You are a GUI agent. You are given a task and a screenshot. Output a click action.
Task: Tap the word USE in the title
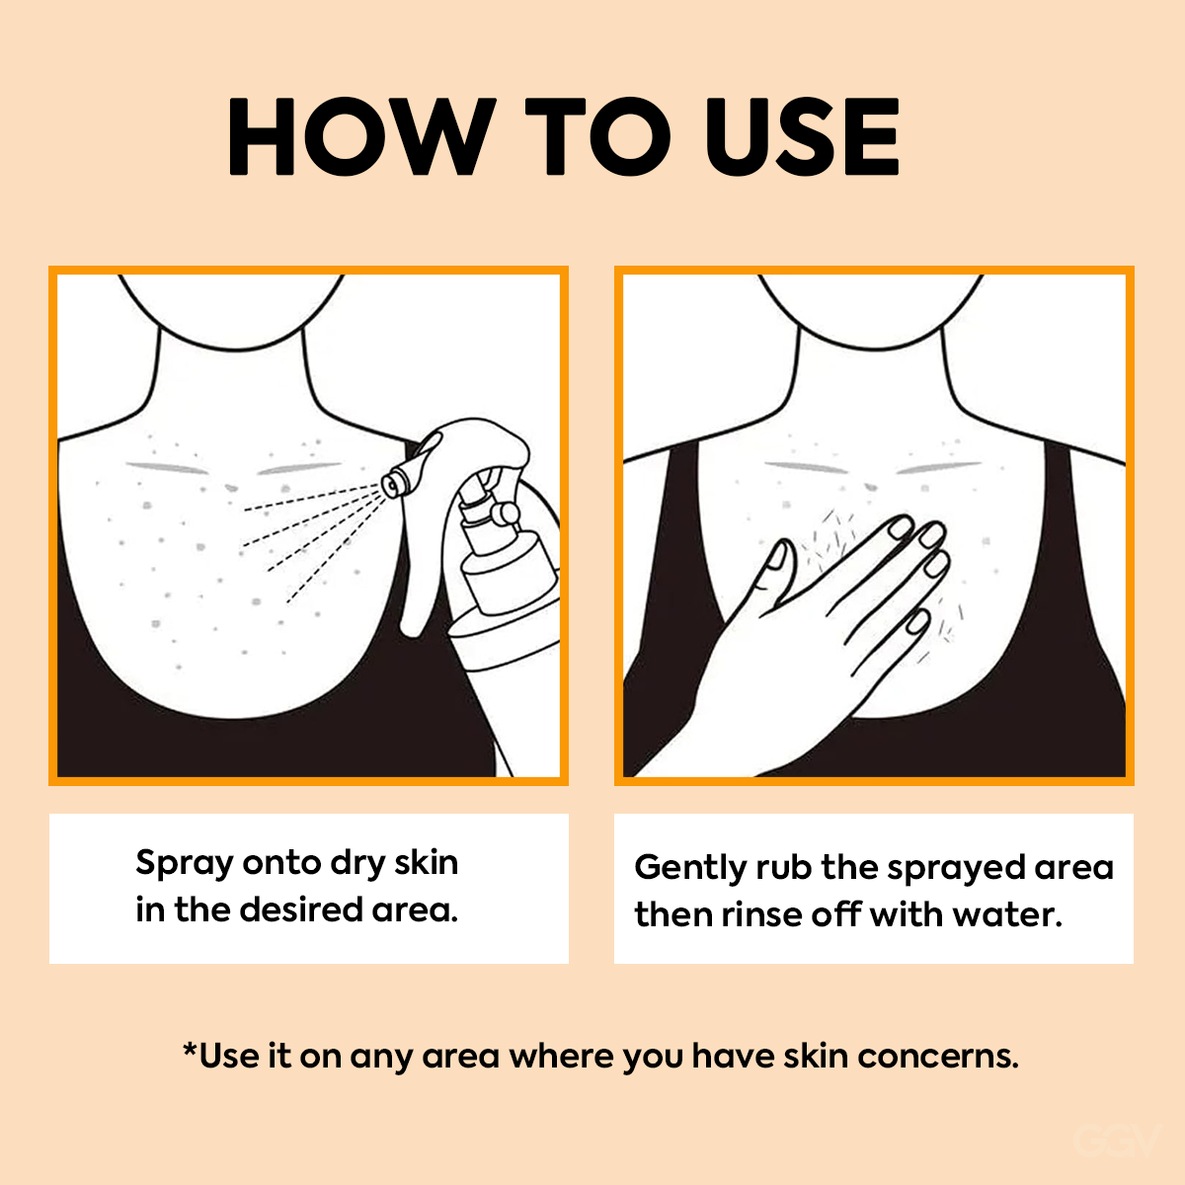point(803,136)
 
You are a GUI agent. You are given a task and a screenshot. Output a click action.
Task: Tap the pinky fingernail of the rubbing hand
point(918,622)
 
